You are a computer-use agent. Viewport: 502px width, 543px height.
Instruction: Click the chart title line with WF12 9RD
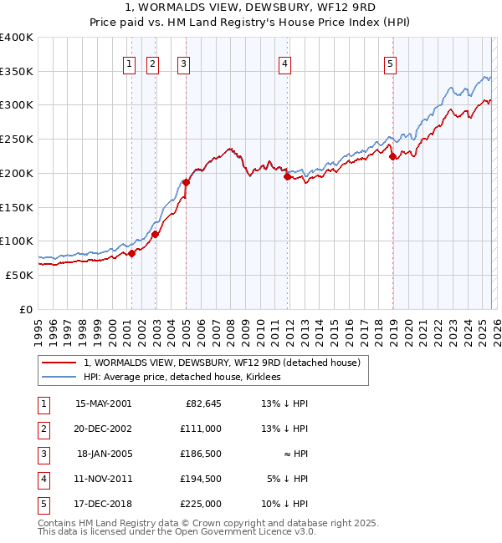click(x=250, y=8)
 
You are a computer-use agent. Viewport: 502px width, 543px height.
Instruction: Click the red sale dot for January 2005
click(x=186, y=182)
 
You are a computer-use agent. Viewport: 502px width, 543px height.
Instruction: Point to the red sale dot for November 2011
click(x=287, y=176)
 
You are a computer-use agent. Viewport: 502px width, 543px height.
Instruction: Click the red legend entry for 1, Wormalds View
click(x=222, y=363)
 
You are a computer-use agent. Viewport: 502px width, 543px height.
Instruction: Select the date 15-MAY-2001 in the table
click(x=103, y=404)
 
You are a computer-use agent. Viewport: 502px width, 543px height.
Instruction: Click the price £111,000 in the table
click(x=201, y=429)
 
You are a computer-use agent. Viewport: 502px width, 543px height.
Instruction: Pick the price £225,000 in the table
click(x=201, y=504)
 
